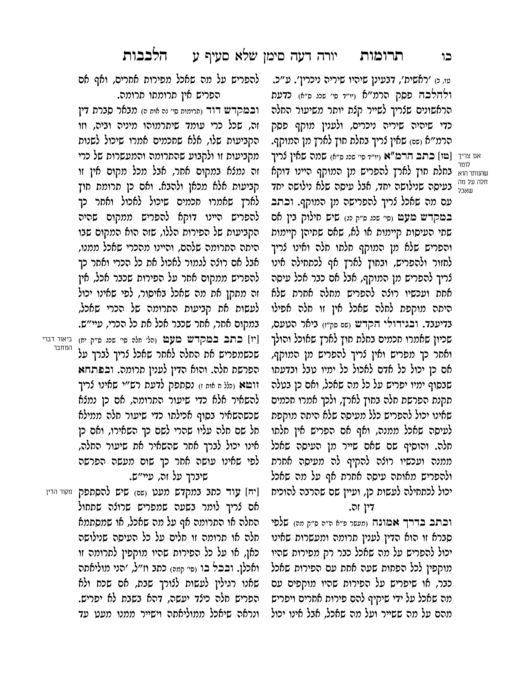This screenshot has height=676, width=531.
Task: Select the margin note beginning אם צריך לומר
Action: pos(472,173)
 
